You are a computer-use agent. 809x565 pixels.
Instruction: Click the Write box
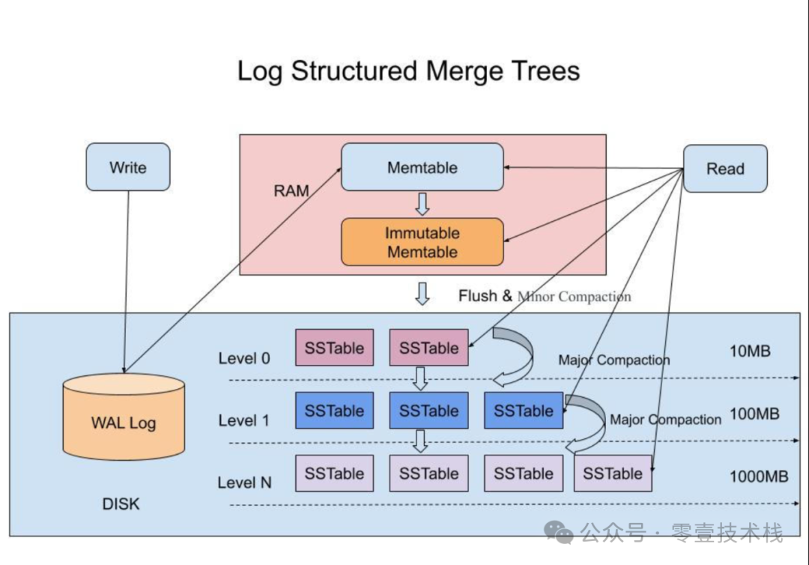(x=128, y=167)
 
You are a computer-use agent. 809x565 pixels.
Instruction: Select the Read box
(x=725, y=169)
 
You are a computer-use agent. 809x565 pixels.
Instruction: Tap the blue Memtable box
(x=422, y=167)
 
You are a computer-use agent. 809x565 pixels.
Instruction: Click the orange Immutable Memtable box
(x=422, y=242)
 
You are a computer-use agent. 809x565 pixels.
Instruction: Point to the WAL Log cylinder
(x=124, y=417)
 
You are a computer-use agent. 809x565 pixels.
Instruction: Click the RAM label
(x=291, y=191)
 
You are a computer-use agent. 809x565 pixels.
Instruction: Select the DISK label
(x=121, y=504)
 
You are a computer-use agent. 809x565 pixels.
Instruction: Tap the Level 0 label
(x=244, y=358)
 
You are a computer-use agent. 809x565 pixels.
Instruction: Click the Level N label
(x=244, y=483)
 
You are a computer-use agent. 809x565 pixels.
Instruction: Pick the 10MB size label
(x=750, y=351)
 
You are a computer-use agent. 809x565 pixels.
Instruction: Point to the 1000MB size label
(x=758, y=477)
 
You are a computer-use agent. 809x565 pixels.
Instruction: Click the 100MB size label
(x=754, y=414)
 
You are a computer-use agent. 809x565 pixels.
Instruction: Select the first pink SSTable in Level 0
(x=334, y=348)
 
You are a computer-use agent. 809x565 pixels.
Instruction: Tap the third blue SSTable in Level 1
(x=524, y=410)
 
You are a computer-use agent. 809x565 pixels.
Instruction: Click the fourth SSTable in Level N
(x=613, y=473)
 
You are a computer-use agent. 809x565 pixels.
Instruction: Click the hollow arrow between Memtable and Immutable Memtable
(x=422, y=205)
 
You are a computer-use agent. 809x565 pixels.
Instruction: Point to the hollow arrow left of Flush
(x=422, y=294)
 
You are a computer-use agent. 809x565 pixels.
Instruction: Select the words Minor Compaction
(x=574, y=297)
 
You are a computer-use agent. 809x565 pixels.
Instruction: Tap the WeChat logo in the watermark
(x=560, y=532)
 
